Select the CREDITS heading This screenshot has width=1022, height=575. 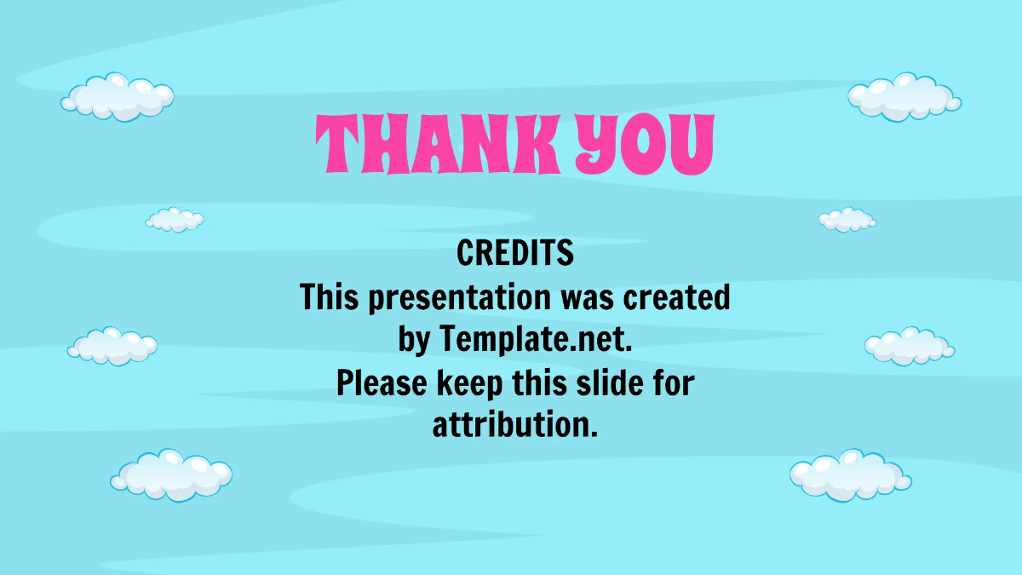pos(515,253)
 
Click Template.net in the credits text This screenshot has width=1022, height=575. pos(537,341)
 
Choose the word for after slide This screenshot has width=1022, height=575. pos(674,383)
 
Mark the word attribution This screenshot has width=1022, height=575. pos(514,425)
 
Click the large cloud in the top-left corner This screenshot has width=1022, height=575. pos(118,96)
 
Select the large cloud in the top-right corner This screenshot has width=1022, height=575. pos(904,95)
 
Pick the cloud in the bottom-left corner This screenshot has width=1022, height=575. pos(171,474)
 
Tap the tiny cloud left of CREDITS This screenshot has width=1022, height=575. pos(175,220)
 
